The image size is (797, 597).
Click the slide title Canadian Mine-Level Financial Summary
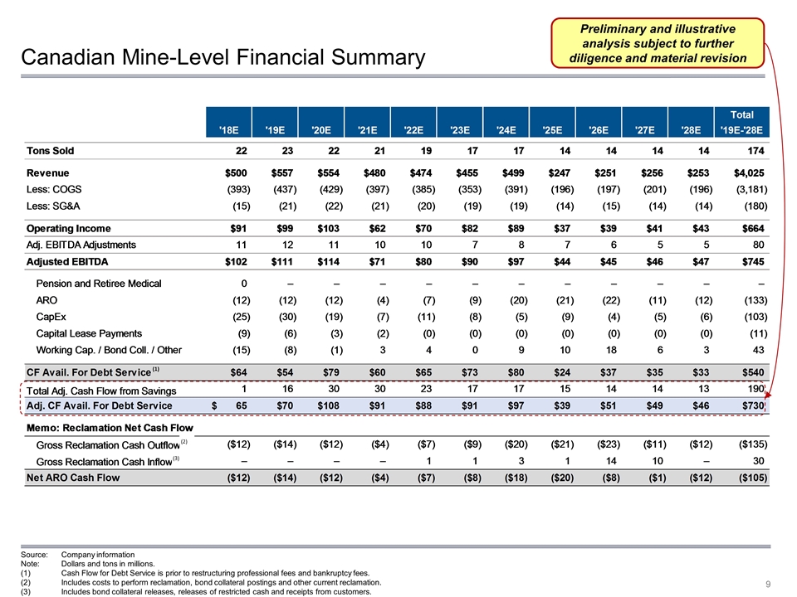(x=222, y=57)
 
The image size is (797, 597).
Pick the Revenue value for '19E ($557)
(x=272, y=172)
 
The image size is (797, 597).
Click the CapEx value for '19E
(x=271, y=316)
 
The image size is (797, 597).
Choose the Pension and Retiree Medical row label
(x=99, y=284)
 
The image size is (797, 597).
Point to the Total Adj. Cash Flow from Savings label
(x=101, y=390)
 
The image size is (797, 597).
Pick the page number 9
(x=770, y=585)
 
